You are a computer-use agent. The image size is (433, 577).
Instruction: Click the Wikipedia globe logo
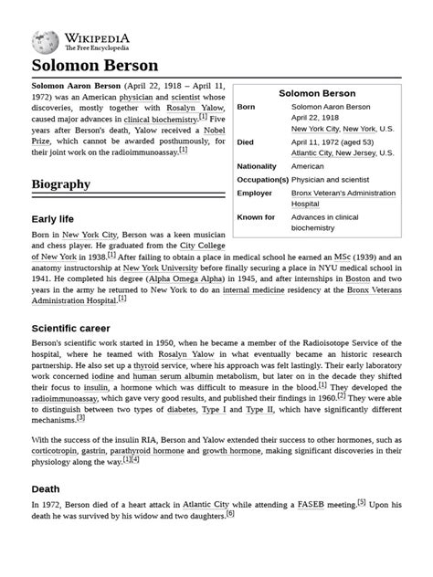click(x=45, y=41)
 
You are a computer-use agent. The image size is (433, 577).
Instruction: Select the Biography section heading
click(x=60, y=184)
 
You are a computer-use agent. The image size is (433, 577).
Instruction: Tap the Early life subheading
click(x=53, y=219)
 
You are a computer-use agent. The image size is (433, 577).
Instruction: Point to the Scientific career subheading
click(x=70, y=327)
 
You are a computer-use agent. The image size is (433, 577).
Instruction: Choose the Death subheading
click(x=46, y=488)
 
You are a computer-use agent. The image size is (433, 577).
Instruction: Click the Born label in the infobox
click(x=246, y=107)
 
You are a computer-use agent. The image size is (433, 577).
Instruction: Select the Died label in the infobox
click(x=246, y=142)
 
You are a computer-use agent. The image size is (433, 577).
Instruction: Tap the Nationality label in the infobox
click(x=257, y=166)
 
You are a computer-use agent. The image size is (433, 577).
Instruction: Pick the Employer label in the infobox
click(x=255, y=194)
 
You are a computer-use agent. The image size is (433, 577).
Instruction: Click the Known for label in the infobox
click(x=256, y=217)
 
